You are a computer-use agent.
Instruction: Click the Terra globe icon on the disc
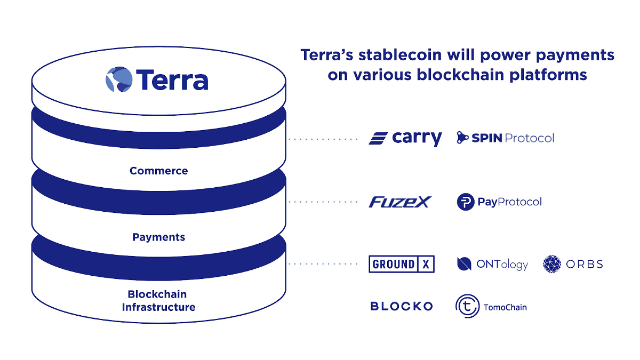(118, 79)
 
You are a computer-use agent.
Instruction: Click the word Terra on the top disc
(172, 79)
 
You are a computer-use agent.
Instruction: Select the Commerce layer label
(159, 171)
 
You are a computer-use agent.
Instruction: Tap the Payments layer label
(159, 237)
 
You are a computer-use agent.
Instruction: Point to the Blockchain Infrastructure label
(158, 301)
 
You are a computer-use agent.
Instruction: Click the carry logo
(405, 138)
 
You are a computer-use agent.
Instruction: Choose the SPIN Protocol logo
(505, 138)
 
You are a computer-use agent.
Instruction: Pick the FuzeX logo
(400, 202)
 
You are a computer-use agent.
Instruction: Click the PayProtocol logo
(499, 202)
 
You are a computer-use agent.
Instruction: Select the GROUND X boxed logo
(402, 264)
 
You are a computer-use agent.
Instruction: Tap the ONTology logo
(492, 264)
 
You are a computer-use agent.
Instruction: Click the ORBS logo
(573, 264)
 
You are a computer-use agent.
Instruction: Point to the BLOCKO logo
(402, 306)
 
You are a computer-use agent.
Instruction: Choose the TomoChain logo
(491, 306)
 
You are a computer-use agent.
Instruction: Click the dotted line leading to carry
(323, 139)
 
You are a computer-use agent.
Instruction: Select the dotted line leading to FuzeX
(323, 202)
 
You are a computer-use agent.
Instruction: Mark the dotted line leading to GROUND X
(323, 263)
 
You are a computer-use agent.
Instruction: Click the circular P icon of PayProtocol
(466, 202)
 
